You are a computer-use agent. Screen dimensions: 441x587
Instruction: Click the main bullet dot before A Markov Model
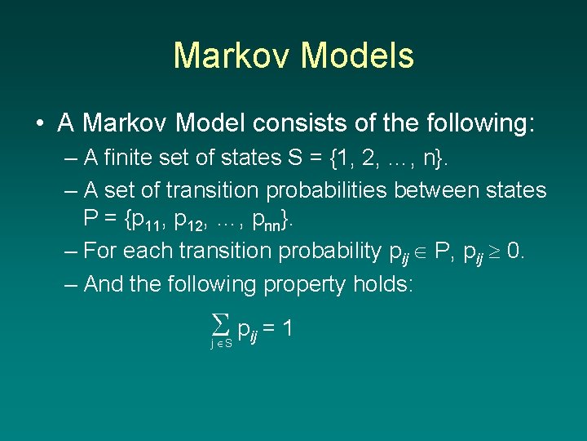click(x=39, y=123)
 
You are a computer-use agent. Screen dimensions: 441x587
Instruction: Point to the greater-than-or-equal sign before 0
click(x=493, y=251)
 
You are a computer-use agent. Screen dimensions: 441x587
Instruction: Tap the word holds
click(x=386, y=283)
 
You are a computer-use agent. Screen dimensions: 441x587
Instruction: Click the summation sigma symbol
click(x=218, y=327)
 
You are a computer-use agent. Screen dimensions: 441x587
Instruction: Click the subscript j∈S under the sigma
click(x=221, y=344)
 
